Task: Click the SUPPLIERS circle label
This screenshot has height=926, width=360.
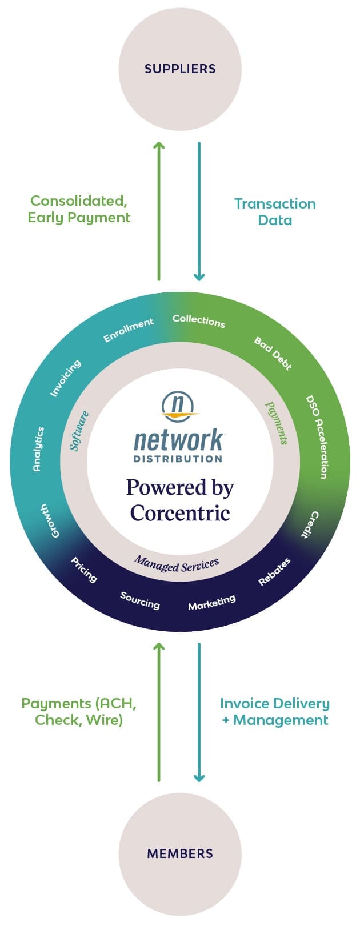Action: (180, 69)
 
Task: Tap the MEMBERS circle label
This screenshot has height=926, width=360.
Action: (180, 853)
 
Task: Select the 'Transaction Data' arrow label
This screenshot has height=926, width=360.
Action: (275, 212)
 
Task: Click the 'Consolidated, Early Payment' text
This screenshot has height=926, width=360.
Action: (79, 209)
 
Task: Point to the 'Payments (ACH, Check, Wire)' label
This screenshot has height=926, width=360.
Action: (79, 711)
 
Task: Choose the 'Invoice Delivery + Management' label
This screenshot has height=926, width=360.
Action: (275, 711)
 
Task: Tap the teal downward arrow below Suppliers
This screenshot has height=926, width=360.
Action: (199, 211)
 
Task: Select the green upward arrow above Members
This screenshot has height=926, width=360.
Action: (159, 712)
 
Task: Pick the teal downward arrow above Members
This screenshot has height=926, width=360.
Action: (199, 712)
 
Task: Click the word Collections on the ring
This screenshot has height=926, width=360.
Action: (199, 321)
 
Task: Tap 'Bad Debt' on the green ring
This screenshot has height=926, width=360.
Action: (273, 354)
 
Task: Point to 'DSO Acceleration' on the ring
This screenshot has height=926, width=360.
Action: (316, 436)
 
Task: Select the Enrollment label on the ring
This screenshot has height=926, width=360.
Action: (128, 330)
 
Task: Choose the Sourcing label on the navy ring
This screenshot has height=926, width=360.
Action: (140, 600)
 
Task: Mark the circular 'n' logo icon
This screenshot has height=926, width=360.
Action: (179, 405)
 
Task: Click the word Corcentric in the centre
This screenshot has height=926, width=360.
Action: (180, 512)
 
